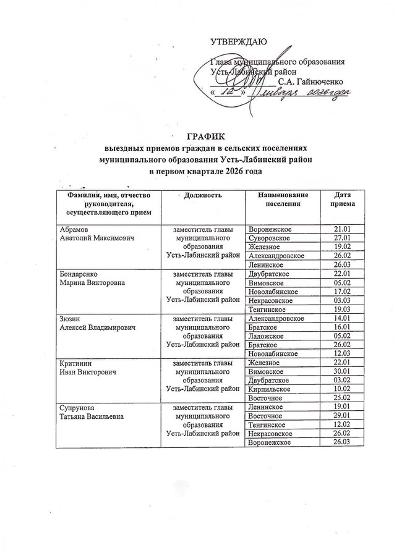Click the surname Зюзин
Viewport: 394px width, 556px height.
(69, 318)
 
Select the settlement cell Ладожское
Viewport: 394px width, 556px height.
(267, 335)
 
